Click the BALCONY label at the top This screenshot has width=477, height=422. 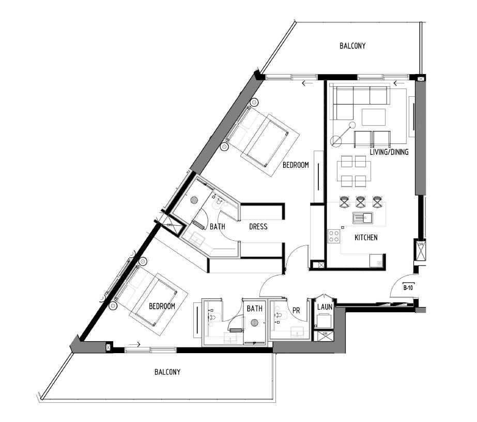coord(352,46)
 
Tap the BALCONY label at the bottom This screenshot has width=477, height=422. coord(167,372)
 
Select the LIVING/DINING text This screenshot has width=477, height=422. coord(389,152)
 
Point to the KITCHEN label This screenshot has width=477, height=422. coord(365,238)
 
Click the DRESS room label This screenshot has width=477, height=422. coord(258,227)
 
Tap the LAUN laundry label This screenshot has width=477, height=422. coord(324,307)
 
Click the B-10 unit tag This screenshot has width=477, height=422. coord(408,287)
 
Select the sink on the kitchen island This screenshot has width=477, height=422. coord(362,218)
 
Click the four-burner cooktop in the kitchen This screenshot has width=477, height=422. coord(334,236)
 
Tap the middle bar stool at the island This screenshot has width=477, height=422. coord(361,201)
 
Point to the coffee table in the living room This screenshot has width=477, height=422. coord(374,118)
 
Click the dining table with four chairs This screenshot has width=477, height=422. coord(353,171)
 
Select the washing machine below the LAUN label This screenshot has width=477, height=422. coord(324,322)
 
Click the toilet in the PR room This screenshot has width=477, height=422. coord(279,315)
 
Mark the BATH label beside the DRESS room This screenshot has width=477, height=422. coord(218,227)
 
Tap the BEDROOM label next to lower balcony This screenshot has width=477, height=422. coord(162,306)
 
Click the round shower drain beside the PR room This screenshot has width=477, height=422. coord(254,323)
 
